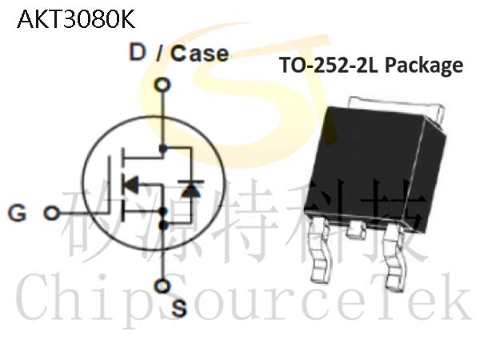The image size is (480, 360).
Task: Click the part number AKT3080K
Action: coord(76,19)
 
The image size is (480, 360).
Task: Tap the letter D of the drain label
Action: coord(137,52)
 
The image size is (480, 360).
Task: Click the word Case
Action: coord(199,54)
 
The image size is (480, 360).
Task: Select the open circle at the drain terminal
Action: coord(162,85)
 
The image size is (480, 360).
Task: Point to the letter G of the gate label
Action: coord(17,213)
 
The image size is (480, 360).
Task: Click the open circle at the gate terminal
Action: coord(51,213)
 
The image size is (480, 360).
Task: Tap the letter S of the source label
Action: coord(178,307)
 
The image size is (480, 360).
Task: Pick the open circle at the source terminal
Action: coord(162,286)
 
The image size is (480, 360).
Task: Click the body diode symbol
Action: coord(191,189)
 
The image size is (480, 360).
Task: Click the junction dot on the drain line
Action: coord(163,149)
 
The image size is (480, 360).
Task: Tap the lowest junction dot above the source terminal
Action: coord(163,226)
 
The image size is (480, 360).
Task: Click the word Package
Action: coord(423,66)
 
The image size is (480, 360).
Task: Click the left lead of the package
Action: coord(319,250)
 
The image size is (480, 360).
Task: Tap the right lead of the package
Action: coord(394,257)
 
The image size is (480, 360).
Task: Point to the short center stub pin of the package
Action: coord(355,230)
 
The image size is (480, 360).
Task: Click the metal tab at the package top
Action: coord(397,105)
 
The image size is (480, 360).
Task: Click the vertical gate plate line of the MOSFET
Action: coord(109,184)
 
